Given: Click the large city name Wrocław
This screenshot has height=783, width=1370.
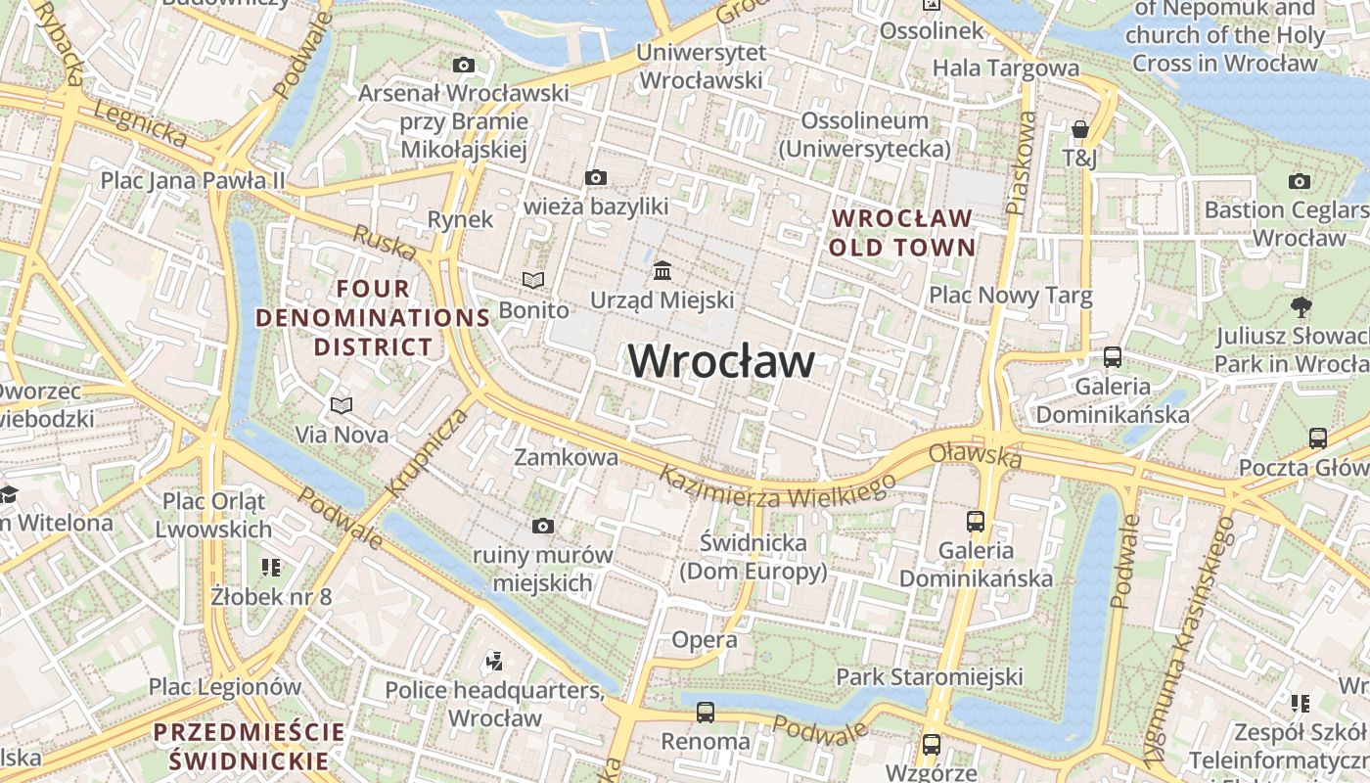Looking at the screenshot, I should pos(721,361).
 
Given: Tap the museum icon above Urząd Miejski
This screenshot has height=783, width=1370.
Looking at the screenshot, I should pos(662,269).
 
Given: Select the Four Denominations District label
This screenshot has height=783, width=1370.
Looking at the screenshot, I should pos(372,317).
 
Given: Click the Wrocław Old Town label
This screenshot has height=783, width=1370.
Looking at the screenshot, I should pos(901,232).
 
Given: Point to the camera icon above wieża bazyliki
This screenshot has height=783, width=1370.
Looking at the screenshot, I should pos(595,177).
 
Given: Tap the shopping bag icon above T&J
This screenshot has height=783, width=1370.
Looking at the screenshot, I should pos(1079,129).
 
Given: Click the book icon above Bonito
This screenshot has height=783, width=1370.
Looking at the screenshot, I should pos(533,281).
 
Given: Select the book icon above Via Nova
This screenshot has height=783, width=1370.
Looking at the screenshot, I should pos(342,405).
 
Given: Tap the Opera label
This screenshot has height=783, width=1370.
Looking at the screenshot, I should pos(705,640).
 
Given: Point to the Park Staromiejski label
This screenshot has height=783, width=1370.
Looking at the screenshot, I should pos(929,676).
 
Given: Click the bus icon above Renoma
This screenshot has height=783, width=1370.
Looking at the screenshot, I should pos(705,712).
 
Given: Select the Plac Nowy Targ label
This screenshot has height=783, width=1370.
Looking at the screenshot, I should pos(1010,295).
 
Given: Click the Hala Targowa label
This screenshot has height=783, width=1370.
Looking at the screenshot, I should pos(1005,68).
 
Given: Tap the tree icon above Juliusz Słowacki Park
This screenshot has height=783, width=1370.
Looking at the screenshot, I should pos(1301,306).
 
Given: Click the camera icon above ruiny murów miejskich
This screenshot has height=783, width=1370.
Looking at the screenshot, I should pos(543,526).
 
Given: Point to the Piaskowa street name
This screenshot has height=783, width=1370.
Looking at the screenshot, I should pos(1021,162).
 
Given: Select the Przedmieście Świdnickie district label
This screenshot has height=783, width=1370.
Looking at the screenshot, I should pos(250,746).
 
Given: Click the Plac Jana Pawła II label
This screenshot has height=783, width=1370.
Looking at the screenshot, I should pos(193,180).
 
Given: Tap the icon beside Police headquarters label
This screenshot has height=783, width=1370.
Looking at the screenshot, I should pos(494,662).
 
